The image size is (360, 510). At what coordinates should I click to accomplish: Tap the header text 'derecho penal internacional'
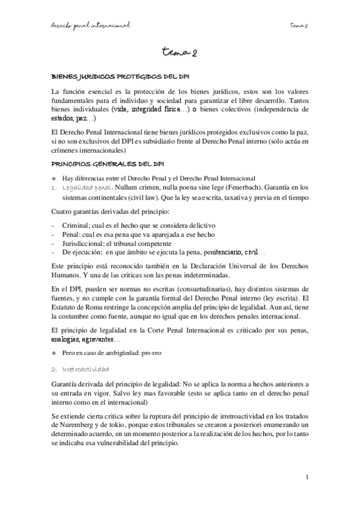91,25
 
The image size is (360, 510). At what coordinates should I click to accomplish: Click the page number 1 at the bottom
307,478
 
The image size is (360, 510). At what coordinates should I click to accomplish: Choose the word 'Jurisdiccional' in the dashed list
82,243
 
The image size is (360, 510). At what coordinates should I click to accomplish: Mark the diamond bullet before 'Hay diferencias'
55,177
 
